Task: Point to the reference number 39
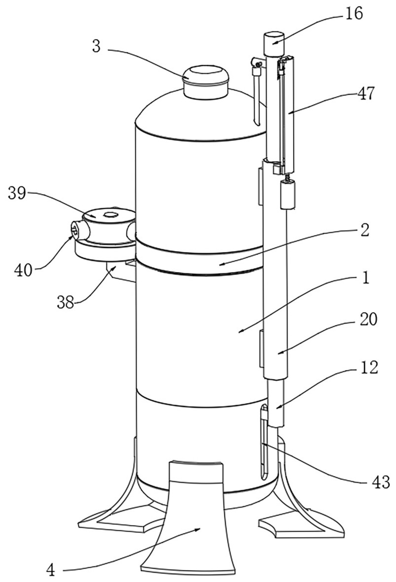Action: [x=18, y=194]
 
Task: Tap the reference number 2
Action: [x=365, y=230]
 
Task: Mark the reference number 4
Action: [x=50, y=571]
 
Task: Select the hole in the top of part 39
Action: [x=109, y=214]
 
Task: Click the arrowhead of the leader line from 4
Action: [x=201, y=528]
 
